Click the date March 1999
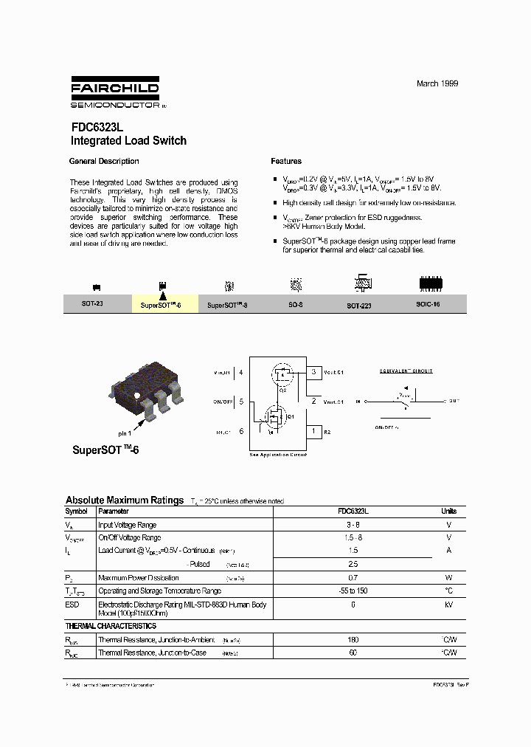[x=437, y=83]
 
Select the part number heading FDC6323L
[x=97, y=127]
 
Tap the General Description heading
[x=103, y=161]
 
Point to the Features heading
[x=286, y=161]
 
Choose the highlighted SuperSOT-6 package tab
[x=164, y=304]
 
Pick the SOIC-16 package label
[x=427, y=304]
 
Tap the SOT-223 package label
[x=359, y=304]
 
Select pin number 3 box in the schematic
[x=313, y=372]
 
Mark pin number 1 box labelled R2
[x=313, y=430]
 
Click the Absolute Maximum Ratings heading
[x=124, y=500]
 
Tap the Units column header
[x=448, y=511]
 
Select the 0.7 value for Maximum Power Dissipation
[x=353, y=577]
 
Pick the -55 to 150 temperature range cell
[x=353, y=591]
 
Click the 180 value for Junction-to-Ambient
[x=353, y=640]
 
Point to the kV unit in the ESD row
[x=448, y=604]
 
